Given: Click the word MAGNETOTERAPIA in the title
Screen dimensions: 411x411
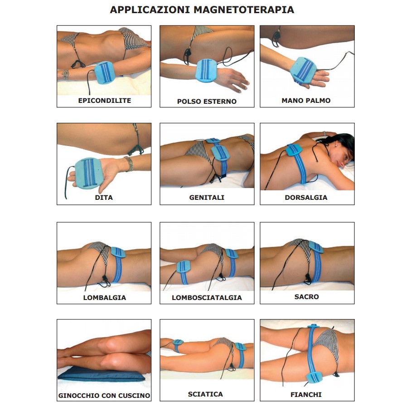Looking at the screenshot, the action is (x=244, y=10).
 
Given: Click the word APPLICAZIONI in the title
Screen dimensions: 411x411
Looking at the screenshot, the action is (x=150, y=10).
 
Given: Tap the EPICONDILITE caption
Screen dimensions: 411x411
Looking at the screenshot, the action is (x=105, y=101).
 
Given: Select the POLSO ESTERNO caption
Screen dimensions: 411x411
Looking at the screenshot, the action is (x=207, y=102).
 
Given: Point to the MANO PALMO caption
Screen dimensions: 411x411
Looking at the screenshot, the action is (x=306, y=101).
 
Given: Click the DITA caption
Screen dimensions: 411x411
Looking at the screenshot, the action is (x=104, y=198).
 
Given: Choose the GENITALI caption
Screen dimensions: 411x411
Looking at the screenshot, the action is (x=207, y=198).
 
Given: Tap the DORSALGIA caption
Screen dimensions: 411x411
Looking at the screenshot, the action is (x=306, y=198).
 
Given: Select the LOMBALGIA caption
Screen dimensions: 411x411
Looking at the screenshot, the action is (x=105, y=298).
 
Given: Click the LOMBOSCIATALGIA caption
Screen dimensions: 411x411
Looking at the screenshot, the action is (x=207, y=298).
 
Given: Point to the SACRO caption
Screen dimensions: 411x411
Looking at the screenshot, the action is (x=306, y=297).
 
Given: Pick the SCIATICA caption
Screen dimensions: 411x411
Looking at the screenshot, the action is (x=206, y=394).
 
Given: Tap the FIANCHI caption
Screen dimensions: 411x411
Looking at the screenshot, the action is (x=306, y=395).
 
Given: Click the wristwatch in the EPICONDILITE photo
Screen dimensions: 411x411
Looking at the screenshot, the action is (x=65, y=74).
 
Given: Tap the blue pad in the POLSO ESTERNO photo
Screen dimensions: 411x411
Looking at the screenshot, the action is (x=206, y=70).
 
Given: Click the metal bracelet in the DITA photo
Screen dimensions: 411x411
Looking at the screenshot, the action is (x=129, y=164).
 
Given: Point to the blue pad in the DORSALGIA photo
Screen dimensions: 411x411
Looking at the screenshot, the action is (x=294, y=150).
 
